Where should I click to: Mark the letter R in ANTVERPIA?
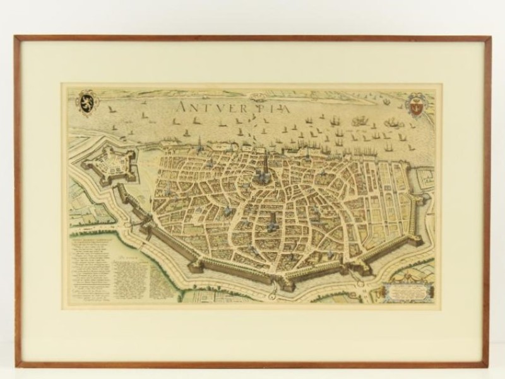click(x=248, y=109)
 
